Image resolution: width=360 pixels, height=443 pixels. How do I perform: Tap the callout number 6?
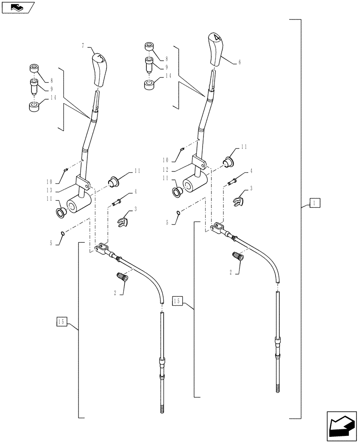pyautogui.click(x=240, y=63)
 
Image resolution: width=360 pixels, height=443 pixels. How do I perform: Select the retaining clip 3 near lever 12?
pyautogui.click(x=238, y=202)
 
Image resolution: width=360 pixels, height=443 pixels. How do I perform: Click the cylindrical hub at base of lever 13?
pyautogui.click(x=80, y=204)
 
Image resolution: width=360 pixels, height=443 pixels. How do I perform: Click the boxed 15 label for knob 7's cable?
pyautogui.click(x=63, y=322)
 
